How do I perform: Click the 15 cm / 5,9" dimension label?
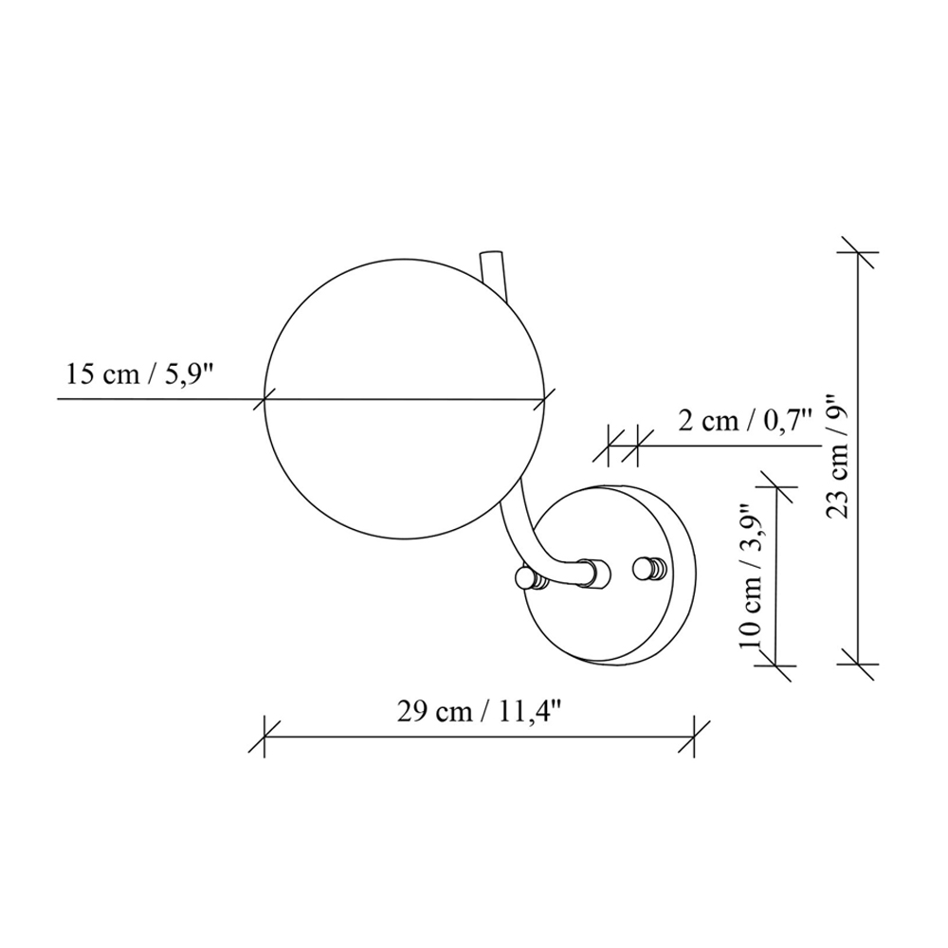(x=139, y=374)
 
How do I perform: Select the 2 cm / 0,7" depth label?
(x=744, y=420)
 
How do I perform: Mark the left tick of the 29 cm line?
(x=264, y=737)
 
